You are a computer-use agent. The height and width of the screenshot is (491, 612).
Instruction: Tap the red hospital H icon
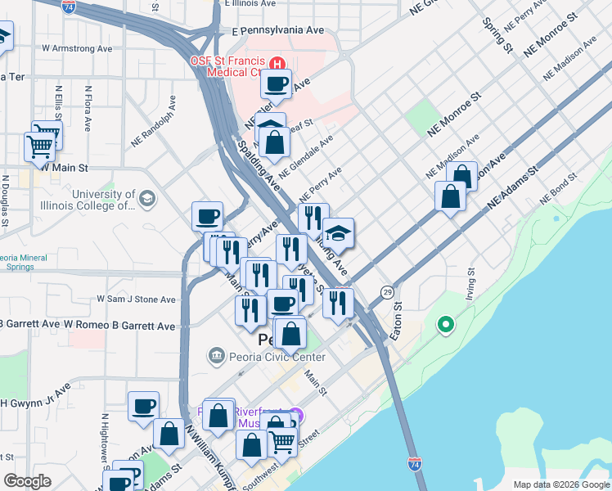point(277,62)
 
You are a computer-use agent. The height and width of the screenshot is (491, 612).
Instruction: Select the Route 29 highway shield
point(387,292)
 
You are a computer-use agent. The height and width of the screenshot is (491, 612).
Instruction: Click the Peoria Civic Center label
point(267,357)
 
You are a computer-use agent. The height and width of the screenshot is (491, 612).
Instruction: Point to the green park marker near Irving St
point(446,326)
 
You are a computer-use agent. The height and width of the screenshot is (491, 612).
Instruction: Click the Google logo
point(28,481)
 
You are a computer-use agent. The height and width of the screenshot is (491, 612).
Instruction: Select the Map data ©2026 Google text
point(560,484)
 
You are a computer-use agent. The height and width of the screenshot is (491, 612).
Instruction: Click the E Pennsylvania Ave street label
point(278,30)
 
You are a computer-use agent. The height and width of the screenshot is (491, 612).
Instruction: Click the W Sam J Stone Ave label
point(137,300)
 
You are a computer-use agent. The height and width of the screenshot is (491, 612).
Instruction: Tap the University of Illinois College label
point(103,200)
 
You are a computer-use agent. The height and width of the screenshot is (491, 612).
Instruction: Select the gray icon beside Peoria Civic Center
point(216,355)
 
